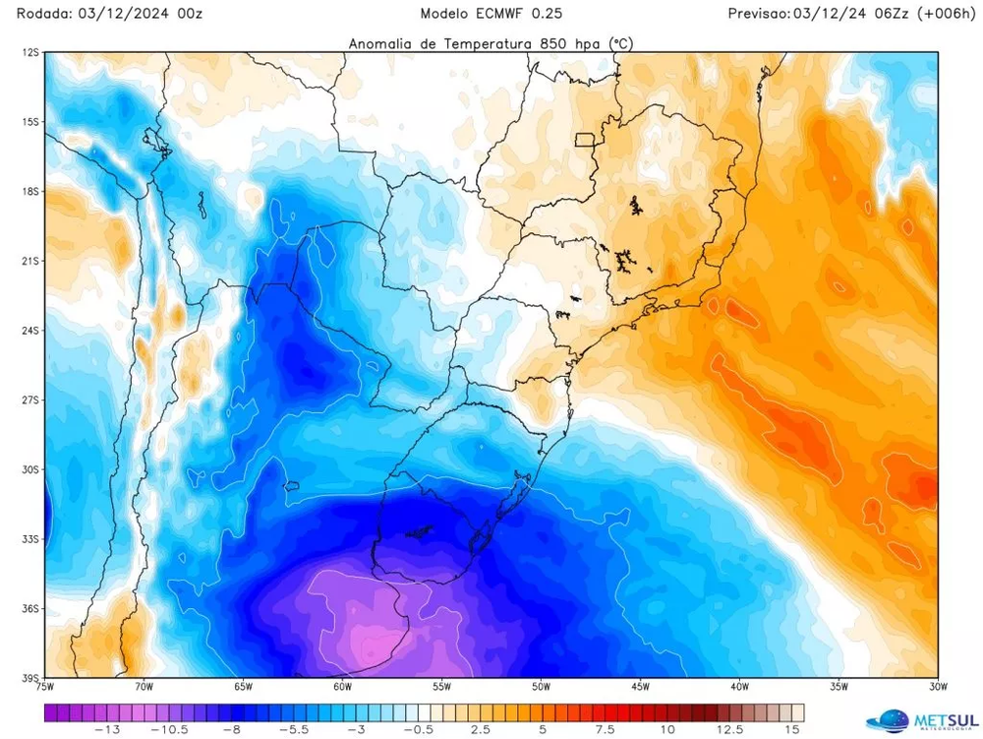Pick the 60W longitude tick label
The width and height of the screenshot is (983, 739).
pyautogui.click(x=341, y=687)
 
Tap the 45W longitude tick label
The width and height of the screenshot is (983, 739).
pyautogui.click(x=639, y=687)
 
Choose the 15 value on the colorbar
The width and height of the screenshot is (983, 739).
pyautogui.click(x=791, y=730)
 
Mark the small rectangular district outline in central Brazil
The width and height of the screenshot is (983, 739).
pyautogui.click(x=587, y=139)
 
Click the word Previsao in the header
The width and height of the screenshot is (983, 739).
pyautogui.click(x=759, y=14)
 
